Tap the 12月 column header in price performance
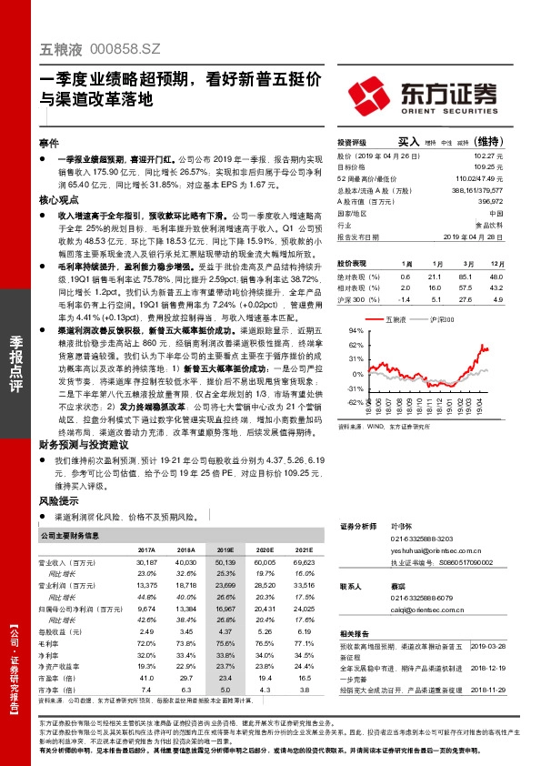[496, 262]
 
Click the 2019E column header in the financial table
[225, 550]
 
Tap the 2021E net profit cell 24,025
[303, 608]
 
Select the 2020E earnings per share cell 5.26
[265, 630]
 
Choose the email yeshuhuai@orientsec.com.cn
[414, 549]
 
